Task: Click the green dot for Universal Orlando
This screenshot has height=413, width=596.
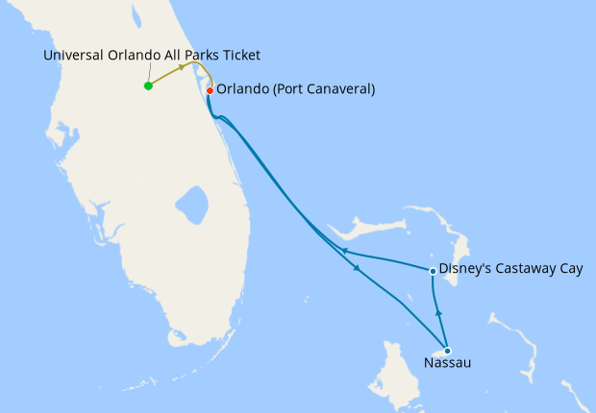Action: (148, 86)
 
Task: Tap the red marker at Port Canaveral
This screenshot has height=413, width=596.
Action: (210, 90)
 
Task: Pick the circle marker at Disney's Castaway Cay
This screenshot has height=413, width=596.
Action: (434, 271)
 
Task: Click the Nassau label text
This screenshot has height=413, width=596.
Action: (447, 364)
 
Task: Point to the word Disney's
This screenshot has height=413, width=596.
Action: (465, 271)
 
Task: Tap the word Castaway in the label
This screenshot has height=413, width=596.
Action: (526, 271)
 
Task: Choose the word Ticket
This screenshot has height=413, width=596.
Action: (240, 55)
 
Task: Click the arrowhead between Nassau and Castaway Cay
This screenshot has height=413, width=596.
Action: (438, 312)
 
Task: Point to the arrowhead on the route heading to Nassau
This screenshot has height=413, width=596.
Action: (358, 269)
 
